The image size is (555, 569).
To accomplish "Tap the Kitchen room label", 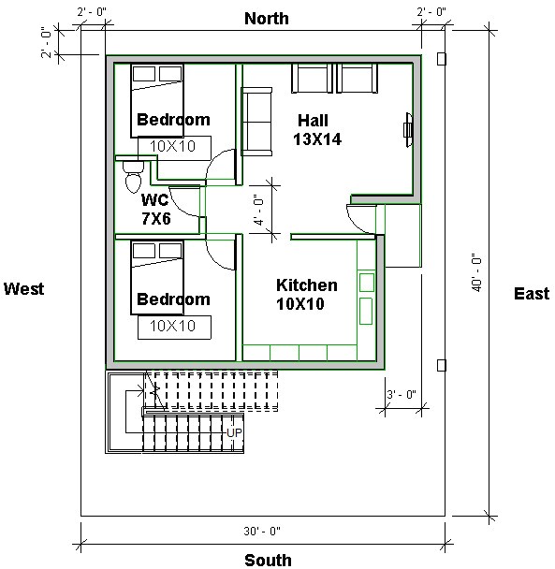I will tap(306, 284).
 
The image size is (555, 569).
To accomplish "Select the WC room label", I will tap(154, 199).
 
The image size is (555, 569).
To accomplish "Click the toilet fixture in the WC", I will tap(132, 175).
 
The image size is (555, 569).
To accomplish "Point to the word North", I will tap(267, 19).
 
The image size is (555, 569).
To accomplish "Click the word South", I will tap(268, 560).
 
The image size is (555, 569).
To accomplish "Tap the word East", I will tap(532, 294).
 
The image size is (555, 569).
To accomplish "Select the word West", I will tap(24, 289).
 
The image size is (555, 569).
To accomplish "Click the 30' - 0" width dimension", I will tap(261, 531).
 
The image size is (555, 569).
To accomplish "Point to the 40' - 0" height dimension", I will tap(476, 271).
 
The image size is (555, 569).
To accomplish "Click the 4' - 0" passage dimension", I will tap(259, 211).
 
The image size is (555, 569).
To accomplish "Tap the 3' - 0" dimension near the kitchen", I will tap(400, 394).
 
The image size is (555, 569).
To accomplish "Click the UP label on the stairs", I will tap(234, 432).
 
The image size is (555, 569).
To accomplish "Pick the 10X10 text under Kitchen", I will tap(300, 303).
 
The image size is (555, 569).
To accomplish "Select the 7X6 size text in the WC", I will tap(155, 218).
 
